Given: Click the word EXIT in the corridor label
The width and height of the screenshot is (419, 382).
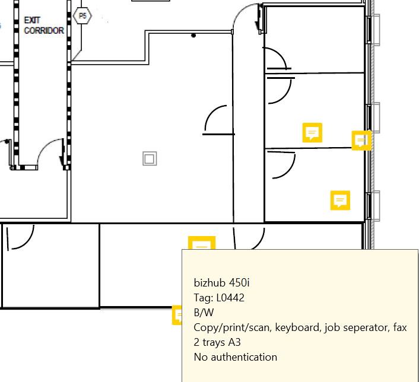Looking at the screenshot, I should coord(31,20).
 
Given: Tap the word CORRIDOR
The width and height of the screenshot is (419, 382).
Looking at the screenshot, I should coord(44,30).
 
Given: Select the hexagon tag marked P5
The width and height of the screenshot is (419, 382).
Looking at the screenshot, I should coord(82,16).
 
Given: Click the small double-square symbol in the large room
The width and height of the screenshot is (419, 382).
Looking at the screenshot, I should coord(150,158).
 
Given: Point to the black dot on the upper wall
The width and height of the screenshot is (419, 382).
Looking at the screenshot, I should coord(193,36).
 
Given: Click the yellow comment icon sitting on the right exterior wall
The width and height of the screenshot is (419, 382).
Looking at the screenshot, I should coord(361,141).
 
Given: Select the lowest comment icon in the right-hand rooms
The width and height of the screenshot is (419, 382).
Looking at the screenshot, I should coord(340,200).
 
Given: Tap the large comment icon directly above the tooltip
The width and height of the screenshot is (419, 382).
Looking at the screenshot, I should coord(202,244).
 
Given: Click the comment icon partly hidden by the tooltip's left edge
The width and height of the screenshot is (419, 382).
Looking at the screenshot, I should coord(177,315).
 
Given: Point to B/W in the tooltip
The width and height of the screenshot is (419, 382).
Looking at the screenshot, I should coord(204,312).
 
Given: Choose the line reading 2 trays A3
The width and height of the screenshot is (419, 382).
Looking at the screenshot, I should coord(217,342).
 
